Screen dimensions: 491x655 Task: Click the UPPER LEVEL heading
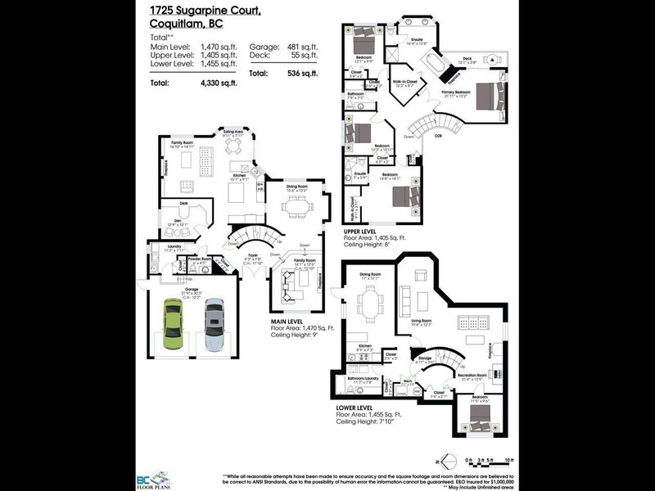click(x=360, y=233)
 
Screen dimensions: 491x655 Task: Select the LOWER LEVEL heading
click(x=354, y=407)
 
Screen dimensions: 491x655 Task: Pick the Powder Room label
click(x=201, y=259)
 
